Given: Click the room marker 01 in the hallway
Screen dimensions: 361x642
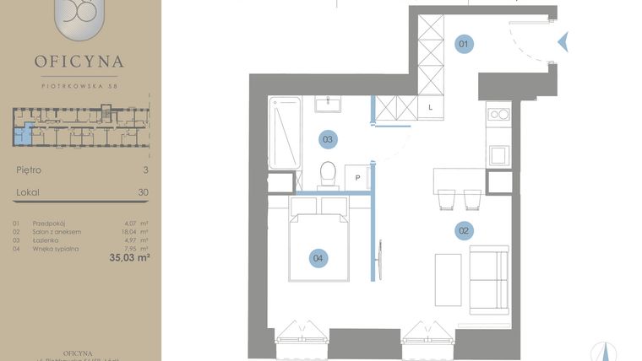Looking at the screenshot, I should pos(464,44).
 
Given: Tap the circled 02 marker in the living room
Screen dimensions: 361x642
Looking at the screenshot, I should pos(463,230).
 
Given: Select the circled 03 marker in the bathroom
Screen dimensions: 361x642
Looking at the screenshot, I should pos(328,140).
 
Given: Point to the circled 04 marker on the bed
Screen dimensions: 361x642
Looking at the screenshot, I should pos(318,258).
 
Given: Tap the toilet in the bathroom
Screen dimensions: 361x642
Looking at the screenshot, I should pos(329,175).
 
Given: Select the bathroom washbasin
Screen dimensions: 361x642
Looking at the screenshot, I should pos(329,104).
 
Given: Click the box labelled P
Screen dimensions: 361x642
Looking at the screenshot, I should pos(358,178).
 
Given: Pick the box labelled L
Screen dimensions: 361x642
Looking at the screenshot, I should pos(430,107).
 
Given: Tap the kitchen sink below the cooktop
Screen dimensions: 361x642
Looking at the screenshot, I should pos(498,155).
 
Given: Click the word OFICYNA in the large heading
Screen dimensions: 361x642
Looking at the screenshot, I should pos(79,62).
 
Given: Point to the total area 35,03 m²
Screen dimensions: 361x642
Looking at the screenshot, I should pos(129,258).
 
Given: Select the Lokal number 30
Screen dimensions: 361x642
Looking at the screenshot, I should pos(143,192).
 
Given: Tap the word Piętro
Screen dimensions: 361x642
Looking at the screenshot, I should pos(29,170).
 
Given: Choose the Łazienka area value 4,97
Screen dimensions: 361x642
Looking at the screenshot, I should pos(131,240).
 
